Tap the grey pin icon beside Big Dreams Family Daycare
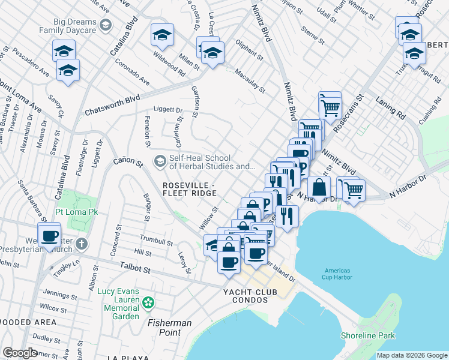click(x=106, y=25)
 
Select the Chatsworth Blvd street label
click(x=112, y=97)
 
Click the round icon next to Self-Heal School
click(x=160, y=161)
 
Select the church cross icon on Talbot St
click(x=83, y=244)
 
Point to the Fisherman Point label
click(x=170, y=328)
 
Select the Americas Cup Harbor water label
click(x=337, y=274)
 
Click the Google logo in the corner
click(x=20, y=353)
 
